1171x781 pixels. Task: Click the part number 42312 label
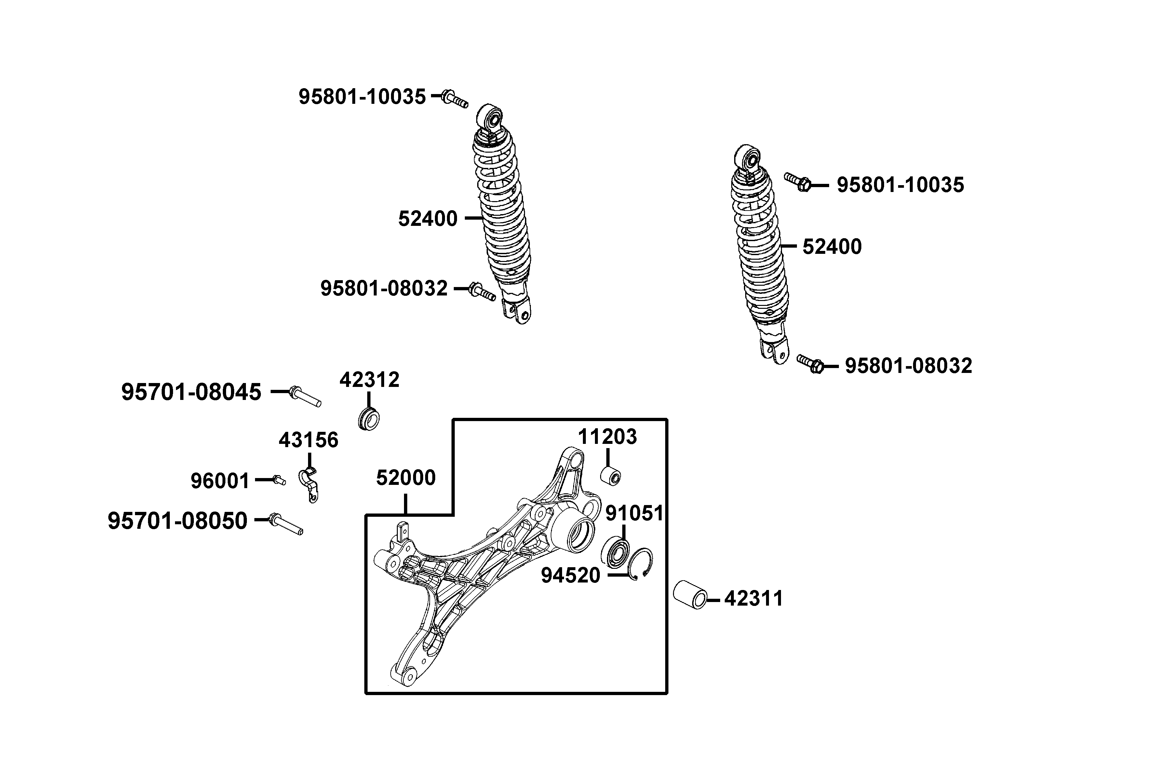(370, 380)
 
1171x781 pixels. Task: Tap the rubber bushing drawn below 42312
(369, 419)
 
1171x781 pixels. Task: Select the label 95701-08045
(191, 392)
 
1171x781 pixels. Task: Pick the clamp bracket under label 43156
(309, 484)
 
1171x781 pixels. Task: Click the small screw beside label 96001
(279, 480)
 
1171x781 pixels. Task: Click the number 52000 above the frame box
(406, 478)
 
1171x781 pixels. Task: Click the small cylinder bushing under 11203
(611, 476)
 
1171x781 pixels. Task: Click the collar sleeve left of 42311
(690, 594)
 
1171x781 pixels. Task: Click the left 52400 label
(428, 219)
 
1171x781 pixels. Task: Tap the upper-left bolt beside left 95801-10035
(454, 98)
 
